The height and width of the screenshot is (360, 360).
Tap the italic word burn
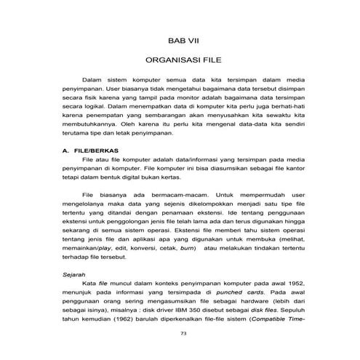tap(187, 247)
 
